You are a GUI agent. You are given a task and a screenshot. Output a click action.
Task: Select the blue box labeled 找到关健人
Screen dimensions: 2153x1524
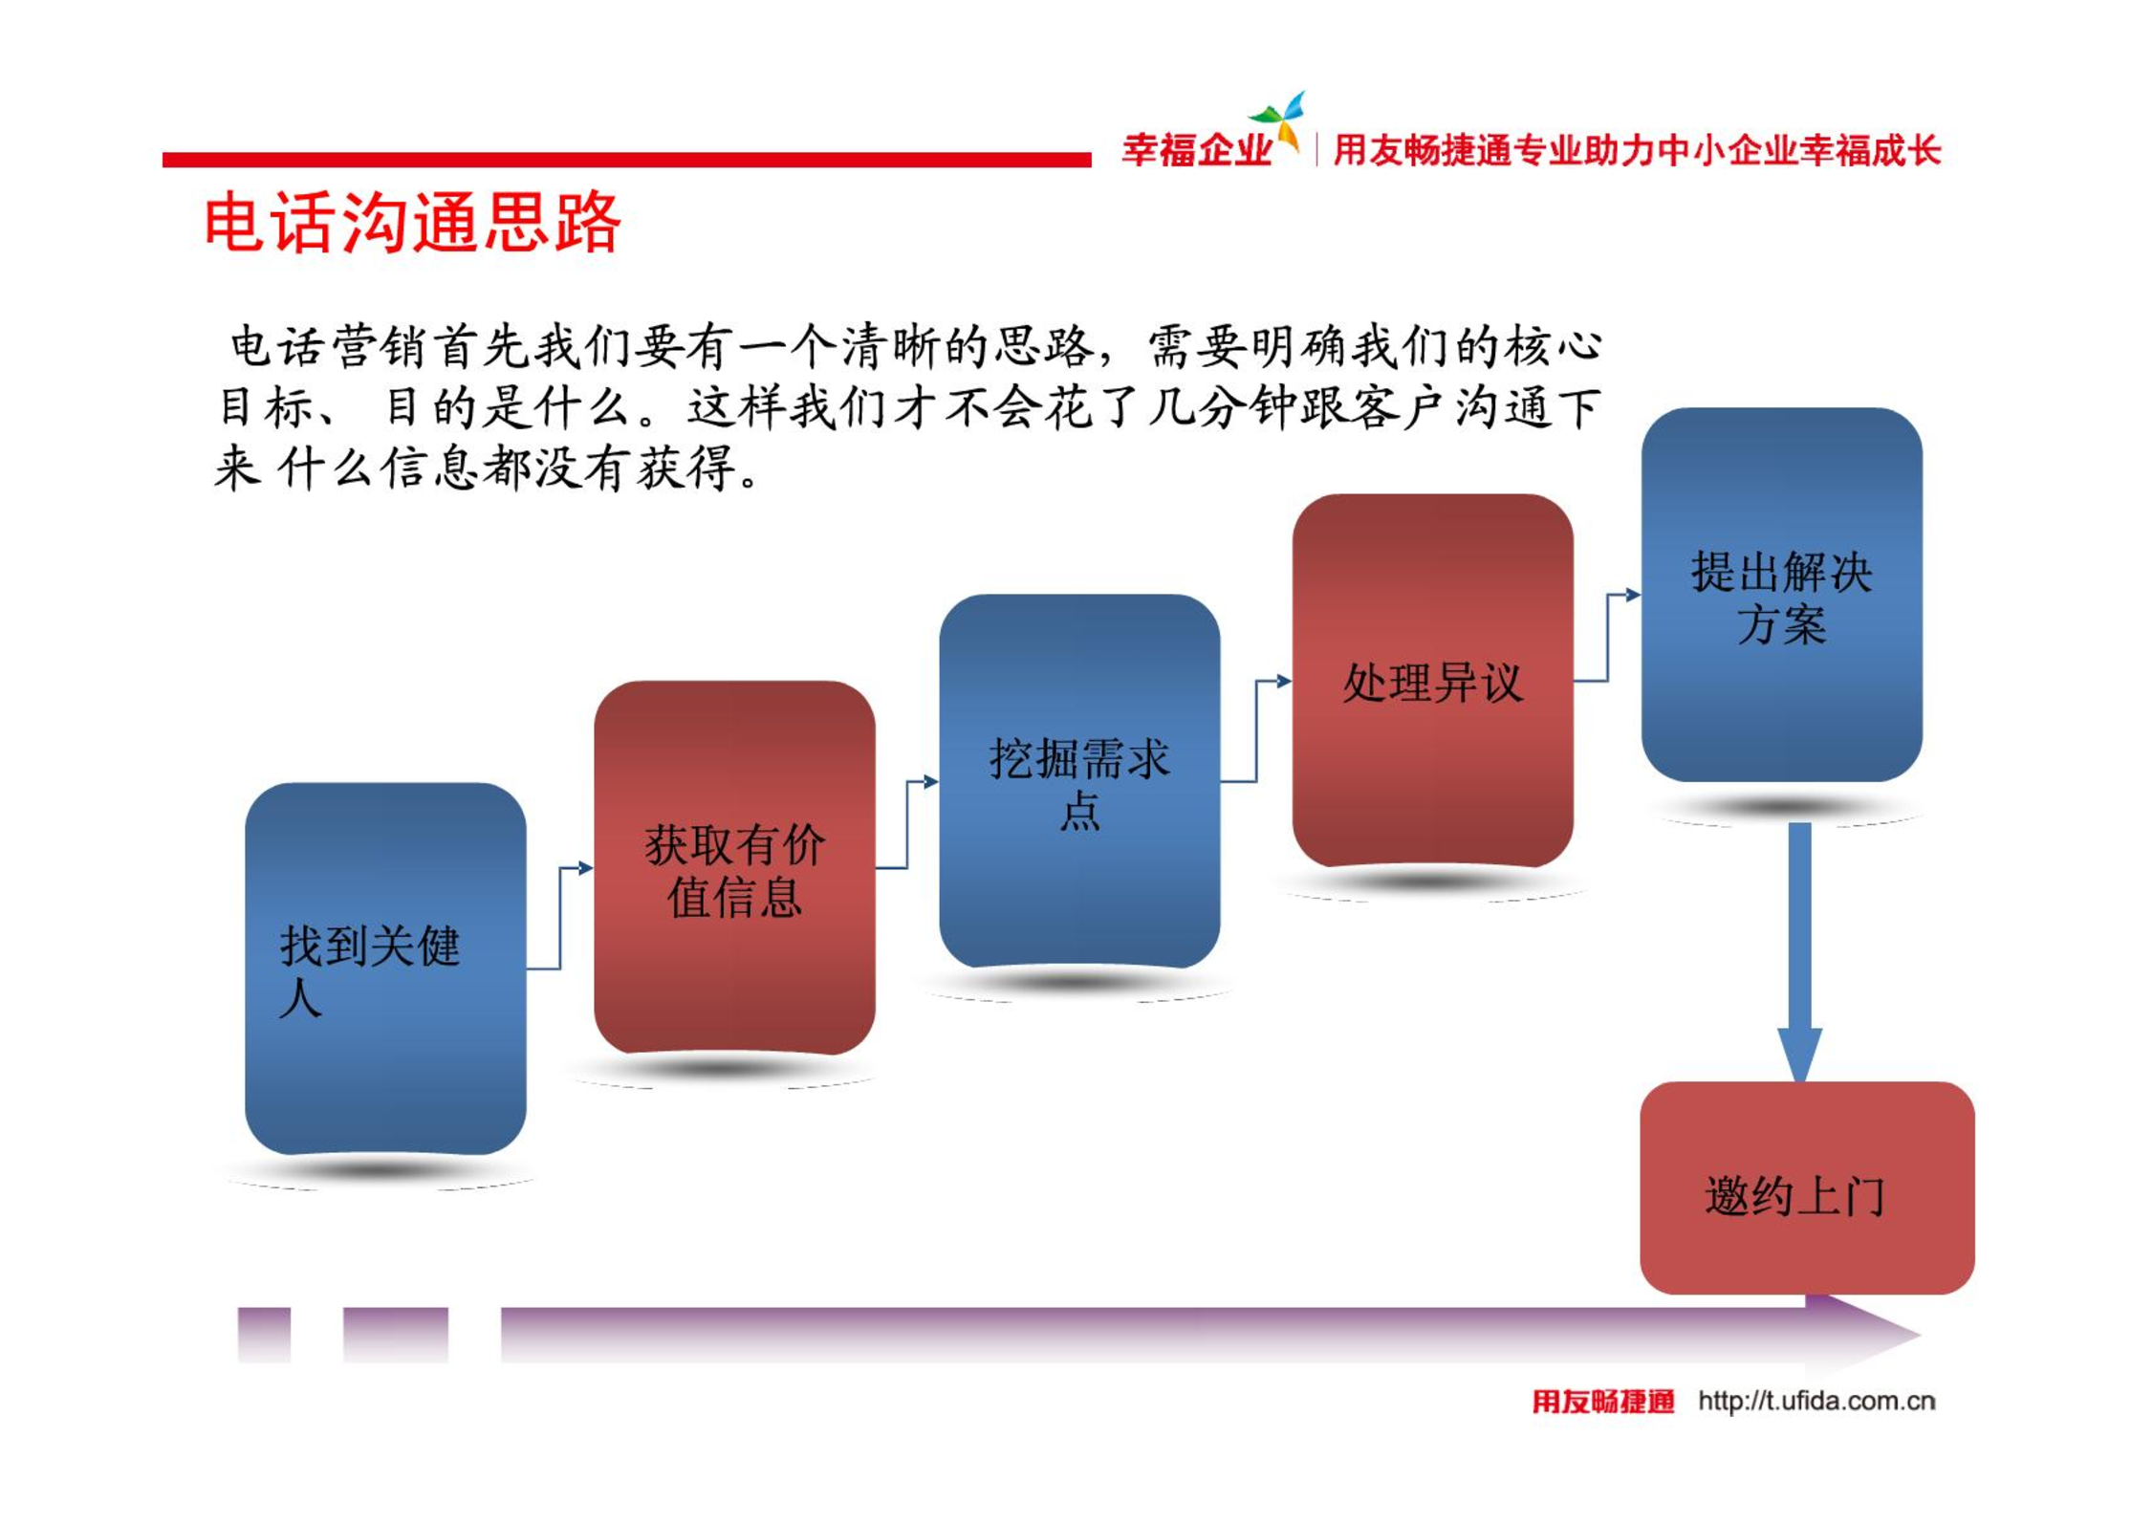(385, 969)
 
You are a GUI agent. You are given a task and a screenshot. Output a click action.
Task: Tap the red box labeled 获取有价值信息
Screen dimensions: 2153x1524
(734, 867)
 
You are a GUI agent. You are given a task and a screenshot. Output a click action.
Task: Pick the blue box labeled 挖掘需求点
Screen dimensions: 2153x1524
(1079, 781)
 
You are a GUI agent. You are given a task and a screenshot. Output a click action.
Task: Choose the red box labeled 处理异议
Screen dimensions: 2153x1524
(1432, 681)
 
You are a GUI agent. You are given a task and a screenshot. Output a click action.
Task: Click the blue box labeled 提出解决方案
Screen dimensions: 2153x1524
(1781, 595)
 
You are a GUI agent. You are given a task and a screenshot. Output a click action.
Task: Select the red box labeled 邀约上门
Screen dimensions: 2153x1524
(1807, 1187)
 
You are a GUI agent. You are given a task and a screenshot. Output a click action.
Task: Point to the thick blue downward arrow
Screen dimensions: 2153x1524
(1799, 951)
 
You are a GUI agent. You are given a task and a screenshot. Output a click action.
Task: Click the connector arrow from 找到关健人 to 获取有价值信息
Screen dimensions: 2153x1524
(560, 918)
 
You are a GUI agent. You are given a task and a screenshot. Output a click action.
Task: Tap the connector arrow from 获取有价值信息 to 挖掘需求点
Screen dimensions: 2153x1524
(907, 824)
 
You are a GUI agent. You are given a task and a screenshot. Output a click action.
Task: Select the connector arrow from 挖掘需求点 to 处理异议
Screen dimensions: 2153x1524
(1256, 731)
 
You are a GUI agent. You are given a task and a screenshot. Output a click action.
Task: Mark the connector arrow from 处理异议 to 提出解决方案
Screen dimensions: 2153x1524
(1607, 638)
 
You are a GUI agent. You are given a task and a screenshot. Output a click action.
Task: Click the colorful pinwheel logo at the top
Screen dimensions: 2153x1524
(1278, 121)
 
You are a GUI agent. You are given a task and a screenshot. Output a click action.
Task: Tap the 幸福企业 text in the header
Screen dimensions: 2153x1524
(1197, 150)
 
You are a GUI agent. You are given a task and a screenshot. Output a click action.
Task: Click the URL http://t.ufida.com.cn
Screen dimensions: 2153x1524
(1816, 1402)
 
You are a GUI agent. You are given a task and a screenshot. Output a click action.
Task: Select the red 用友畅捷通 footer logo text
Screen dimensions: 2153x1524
(1603, 1402)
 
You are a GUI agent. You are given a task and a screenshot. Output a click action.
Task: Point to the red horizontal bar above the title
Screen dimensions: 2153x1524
(626, 160)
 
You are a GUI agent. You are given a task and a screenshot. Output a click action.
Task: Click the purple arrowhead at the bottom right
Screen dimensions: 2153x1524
(1863, 1333)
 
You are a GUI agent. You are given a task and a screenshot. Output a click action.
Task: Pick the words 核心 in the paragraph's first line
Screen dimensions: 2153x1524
(1553, 346)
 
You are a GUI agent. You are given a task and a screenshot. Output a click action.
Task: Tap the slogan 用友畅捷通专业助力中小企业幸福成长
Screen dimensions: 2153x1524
(1637, 150)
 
